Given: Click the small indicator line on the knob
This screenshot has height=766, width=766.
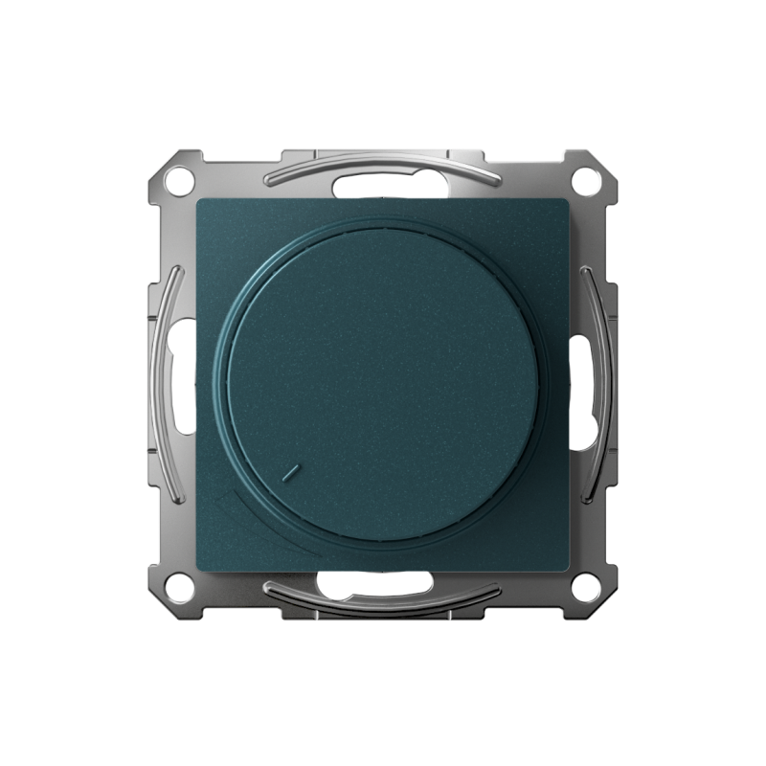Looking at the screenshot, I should click(x=293, y=472).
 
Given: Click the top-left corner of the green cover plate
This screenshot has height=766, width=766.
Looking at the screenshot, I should click(x=198, y=201).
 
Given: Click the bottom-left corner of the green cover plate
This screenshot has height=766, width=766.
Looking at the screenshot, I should click(x=198, y=569).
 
